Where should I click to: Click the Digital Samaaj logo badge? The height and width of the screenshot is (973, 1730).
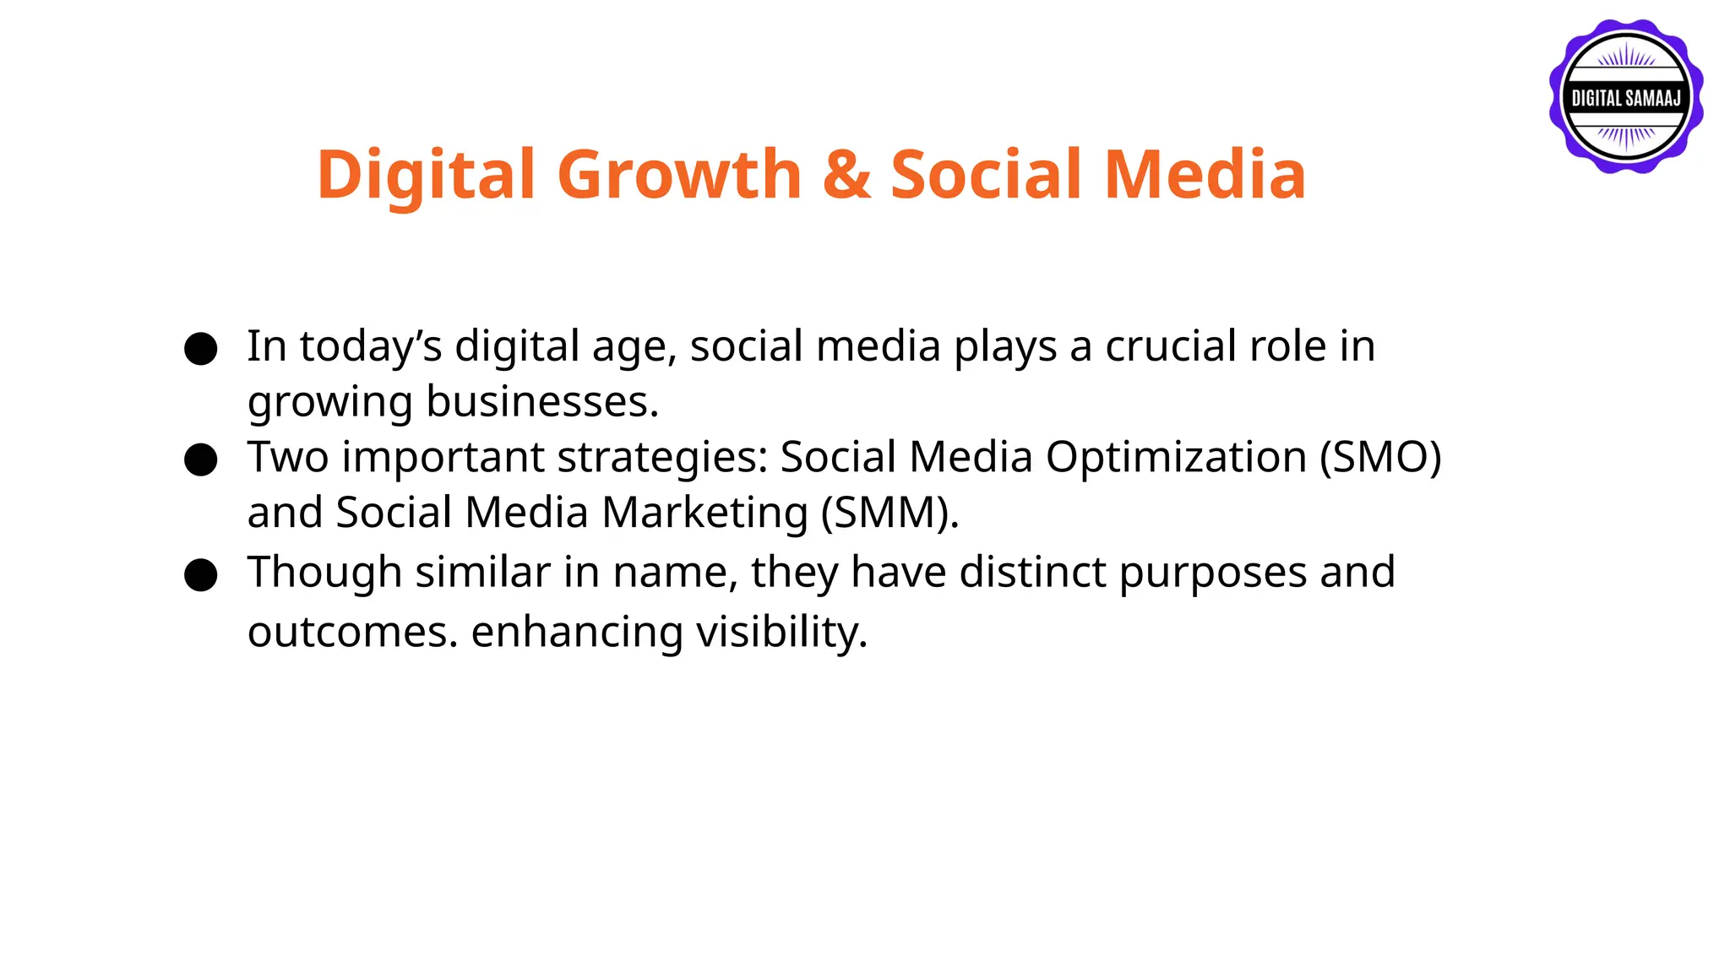click(x=1626, y=97)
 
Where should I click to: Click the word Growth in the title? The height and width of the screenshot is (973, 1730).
click(x=679, y=175)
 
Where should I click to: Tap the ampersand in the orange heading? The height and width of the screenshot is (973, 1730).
click(x=846, y=175)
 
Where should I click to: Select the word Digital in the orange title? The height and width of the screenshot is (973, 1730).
click(x=427, y=175)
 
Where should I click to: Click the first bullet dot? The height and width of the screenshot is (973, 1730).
click(x=201, y=348)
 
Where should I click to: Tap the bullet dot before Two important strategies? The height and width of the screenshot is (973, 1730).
click(x=201, y=459)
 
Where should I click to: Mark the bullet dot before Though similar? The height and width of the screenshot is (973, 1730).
click(x=201, y=575)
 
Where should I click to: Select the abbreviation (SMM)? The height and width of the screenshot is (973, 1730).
click(x=889, y=514)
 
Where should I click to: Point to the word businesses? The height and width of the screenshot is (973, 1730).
click(x=541, y=402)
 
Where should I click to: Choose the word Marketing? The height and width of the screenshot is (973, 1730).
click(x=705, y=514)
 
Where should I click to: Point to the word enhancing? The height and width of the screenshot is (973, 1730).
click(x=577, y=633)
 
